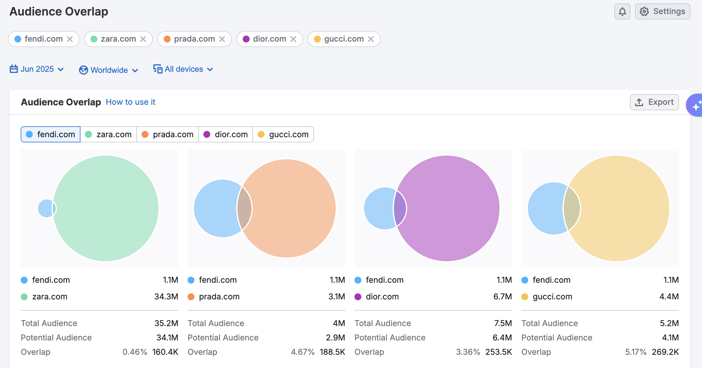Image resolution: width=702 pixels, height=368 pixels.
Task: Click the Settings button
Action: tap(662, 11)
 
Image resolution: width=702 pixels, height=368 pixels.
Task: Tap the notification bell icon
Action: tap(622, 11)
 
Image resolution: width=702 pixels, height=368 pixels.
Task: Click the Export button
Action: tap(654, 102)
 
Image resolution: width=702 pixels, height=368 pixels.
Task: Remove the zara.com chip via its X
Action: tap(143, 39)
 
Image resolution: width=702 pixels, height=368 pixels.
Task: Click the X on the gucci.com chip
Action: tap(371, 39)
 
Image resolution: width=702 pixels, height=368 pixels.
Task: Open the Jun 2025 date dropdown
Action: tap(37, 69)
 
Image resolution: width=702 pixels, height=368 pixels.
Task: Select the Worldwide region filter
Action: tap(109, 70)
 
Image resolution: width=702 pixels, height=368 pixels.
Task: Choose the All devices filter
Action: tap(183, 69)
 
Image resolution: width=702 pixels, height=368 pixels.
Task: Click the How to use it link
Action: tap(130, 102)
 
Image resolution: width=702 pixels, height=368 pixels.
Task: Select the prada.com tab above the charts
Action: tap(168, 134)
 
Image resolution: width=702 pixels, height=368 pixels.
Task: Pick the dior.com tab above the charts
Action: tap(226, 134)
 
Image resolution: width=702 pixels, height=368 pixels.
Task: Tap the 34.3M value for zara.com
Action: tap(166, 297)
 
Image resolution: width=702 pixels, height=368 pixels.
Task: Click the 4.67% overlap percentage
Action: tap(302, 352)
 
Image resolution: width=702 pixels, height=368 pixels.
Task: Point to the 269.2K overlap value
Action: tap(665, 352)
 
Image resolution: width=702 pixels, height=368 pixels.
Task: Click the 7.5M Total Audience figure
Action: tap(503, 323)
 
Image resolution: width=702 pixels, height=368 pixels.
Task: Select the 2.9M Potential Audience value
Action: tap(335, 338)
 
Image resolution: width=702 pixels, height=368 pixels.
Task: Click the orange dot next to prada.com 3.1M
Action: tap(191, 297)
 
